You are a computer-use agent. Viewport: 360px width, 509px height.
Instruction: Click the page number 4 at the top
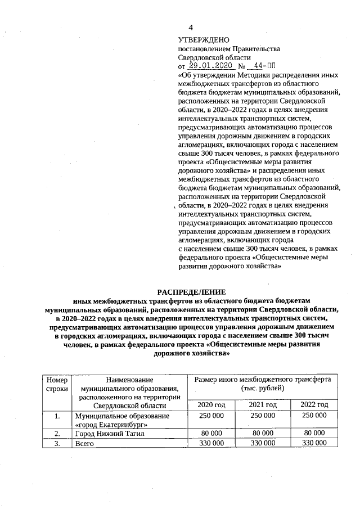(x=190, y=28)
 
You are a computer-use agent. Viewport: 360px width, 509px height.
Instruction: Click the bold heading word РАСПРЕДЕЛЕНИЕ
(x=191, y=292)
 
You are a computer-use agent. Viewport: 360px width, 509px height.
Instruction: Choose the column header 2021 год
(x=263, y=405)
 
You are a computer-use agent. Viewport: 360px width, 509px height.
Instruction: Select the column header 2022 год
(x=314, y=405)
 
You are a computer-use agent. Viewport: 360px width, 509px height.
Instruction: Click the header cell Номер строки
(x=57, y=384)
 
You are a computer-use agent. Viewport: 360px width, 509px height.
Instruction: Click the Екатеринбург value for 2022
(x=314, y=416)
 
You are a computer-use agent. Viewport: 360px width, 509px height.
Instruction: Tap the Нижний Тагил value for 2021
(x=263, y=434)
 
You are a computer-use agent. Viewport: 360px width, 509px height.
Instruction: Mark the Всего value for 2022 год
(x=314, y=443)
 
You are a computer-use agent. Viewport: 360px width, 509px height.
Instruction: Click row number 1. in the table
(x=57, y=416)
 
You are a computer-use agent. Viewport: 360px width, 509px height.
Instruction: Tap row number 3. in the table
(x=57, y=443)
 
